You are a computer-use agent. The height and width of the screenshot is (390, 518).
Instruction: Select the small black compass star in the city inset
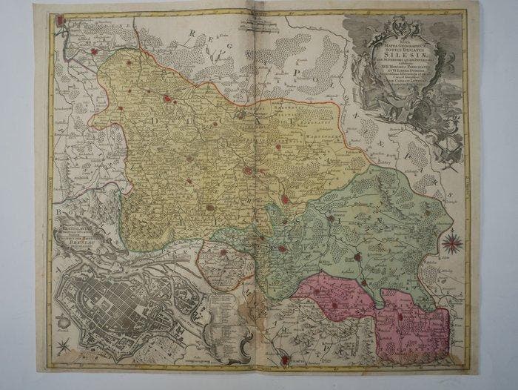(x=65, y=343)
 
